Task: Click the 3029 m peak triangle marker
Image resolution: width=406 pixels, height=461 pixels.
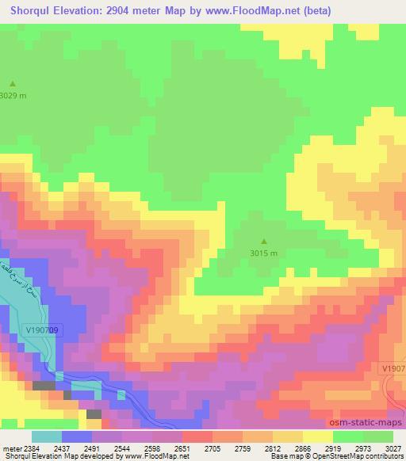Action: [x=13, y=83]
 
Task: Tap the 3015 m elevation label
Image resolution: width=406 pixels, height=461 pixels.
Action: [x=264, y=253]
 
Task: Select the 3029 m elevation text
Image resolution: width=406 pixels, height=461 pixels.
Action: [x=13, y=95]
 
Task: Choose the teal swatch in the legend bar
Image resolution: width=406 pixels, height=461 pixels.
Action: [x=47, y=436]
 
